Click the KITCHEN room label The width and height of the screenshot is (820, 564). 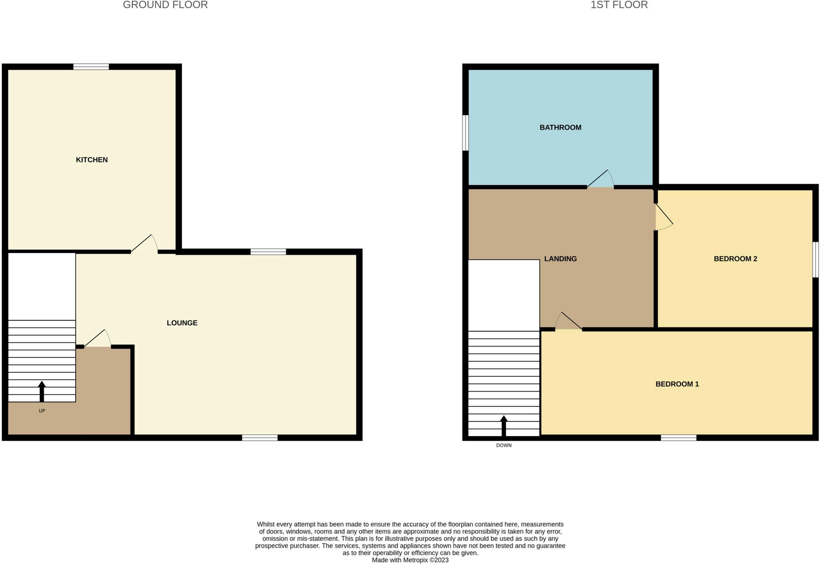(92, 160)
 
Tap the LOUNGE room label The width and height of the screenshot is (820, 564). (182, 323)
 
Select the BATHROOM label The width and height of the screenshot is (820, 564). (561, 128)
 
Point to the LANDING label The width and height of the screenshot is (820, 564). (561, 259)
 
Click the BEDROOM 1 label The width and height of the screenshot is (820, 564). (677, 384)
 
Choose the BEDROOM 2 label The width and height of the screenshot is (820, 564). (736, 259)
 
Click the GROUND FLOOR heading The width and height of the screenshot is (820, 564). (165, 5)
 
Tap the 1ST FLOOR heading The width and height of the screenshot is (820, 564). (619, 5)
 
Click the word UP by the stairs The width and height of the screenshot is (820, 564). (42, 411)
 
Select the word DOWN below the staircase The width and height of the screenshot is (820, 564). (504, 445)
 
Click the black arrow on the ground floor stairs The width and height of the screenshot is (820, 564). (42, 392)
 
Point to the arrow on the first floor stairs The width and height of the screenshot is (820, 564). (504, 426)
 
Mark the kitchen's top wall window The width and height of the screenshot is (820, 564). (91, 67)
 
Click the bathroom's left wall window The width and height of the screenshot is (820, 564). (465, 133)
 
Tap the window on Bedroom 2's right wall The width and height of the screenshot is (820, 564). (816, 259)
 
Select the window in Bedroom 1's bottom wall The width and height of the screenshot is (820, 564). (678, 438)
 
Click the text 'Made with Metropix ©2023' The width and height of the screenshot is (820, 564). (410, 560)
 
